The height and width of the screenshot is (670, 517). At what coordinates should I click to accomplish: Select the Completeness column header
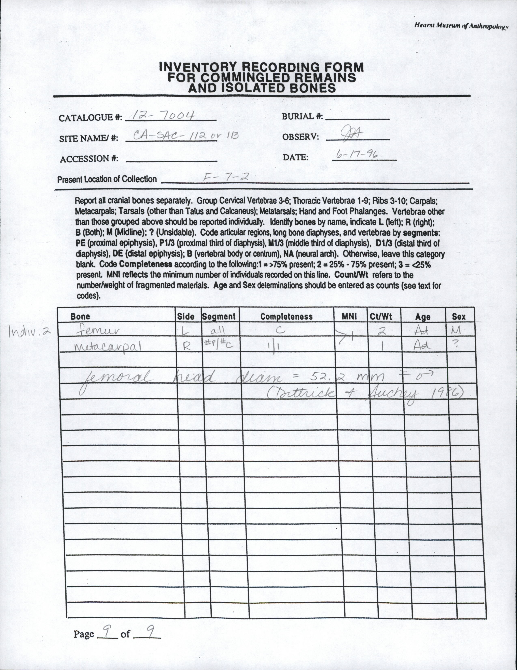click(286, 317)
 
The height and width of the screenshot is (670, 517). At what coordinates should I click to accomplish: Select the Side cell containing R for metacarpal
click(187, 346)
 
